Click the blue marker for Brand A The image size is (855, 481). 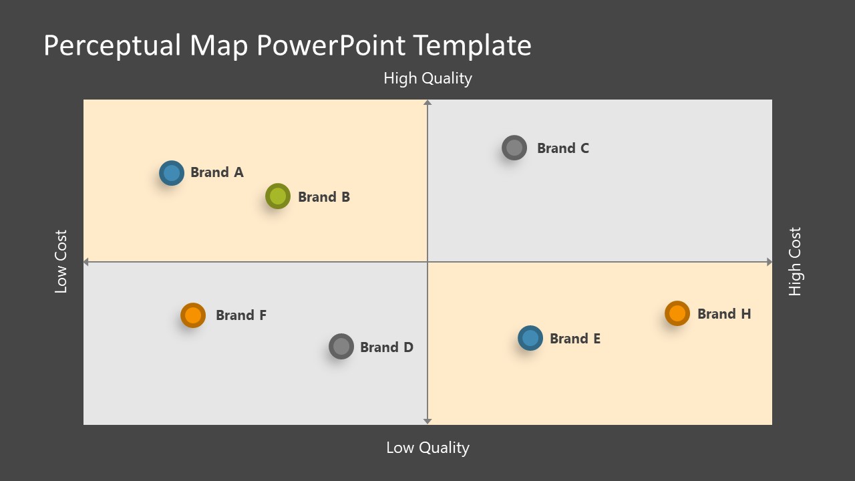tap(172, 173)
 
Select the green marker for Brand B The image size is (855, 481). tap(278, 196)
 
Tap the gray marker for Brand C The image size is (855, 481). tap(514, 148)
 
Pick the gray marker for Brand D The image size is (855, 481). tap(341, 346)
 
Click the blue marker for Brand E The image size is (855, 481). tap(530, 338)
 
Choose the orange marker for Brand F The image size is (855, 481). tap(193, 315)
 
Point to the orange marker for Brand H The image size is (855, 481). tap(677, 313)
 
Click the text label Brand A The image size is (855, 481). tap(217, 172)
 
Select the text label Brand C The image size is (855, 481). tap(563, 148)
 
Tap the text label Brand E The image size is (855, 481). tap(575, 339)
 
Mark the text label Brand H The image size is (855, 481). tap(724, 314)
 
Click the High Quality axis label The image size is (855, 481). tap(427, 78)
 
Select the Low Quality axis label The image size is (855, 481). tap(427, 448)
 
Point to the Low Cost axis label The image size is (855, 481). tap(61, 262)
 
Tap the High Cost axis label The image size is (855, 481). tap(794, 262)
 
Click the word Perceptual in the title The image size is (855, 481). tap(112, 45)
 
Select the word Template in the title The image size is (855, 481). tap(472, 45)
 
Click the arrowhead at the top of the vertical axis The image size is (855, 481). tap(427, 102)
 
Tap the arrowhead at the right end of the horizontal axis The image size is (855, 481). tap(769, 263)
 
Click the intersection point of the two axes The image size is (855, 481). tap(427, 263)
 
